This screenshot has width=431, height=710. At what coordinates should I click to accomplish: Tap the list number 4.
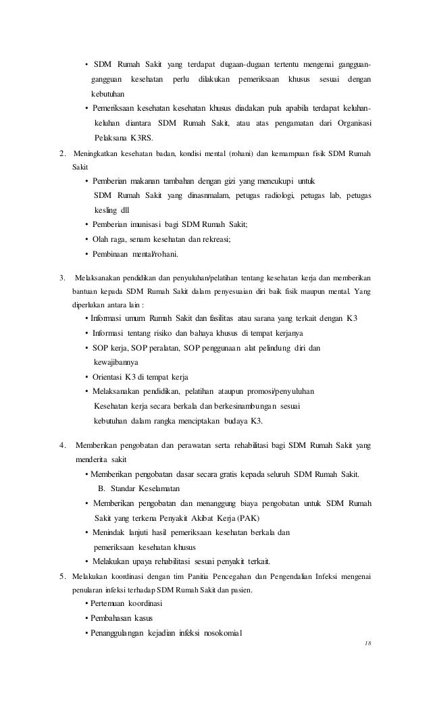(x=63, y=445)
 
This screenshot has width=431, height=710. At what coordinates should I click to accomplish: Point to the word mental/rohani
(x=157, y=253)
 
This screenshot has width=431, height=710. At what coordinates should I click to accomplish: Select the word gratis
(x=234, y=474)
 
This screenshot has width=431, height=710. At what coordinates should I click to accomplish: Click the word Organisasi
(x=355, y=122)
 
